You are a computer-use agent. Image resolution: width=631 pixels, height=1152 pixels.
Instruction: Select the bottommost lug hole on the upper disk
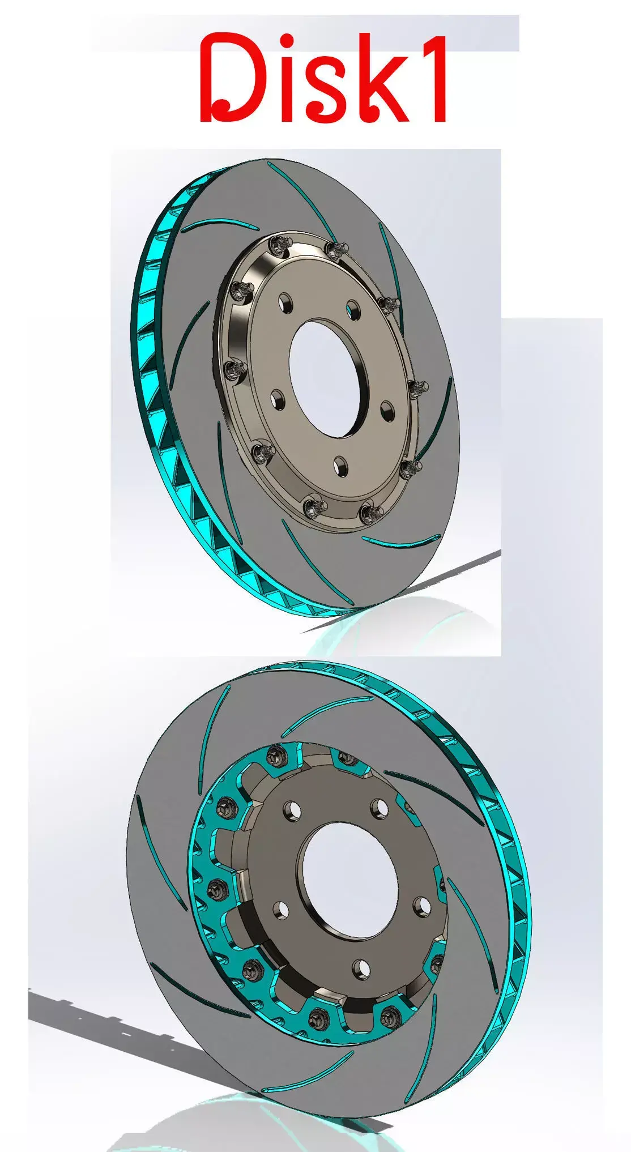(x=340, y=464)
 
